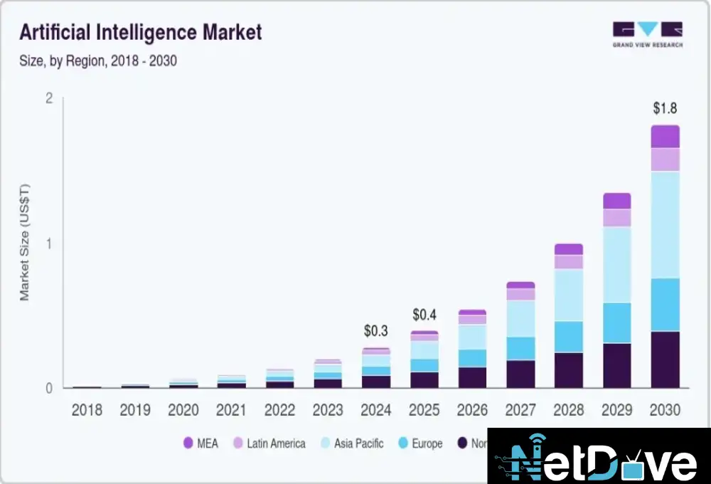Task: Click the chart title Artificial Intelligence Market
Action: (141, 32)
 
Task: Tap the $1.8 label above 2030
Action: (665, 109)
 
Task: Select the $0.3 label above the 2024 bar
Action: (376, 331)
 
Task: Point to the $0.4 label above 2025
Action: (426, 315)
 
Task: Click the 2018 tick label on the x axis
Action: (87, 411)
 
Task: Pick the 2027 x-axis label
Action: (521, 411)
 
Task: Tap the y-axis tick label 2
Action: (49, 98)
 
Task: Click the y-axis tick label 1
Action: (49, 243)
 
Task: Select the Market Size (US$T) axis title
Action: (24, 242)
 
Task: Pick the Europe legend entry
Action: (419, 443)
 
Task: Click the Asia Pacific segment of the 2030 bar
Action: (665, 224)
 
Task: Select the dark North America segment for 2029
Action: (617, 366)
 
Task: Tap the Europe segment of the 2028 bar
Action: (569, 337)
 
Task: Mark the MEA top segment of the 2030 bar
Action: (665, 137)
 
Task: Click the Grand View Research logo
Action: (647, 34)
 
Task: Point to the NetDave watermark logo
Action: (599, 456)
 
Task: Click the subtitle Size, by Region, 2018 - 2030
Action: (98, 61)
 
